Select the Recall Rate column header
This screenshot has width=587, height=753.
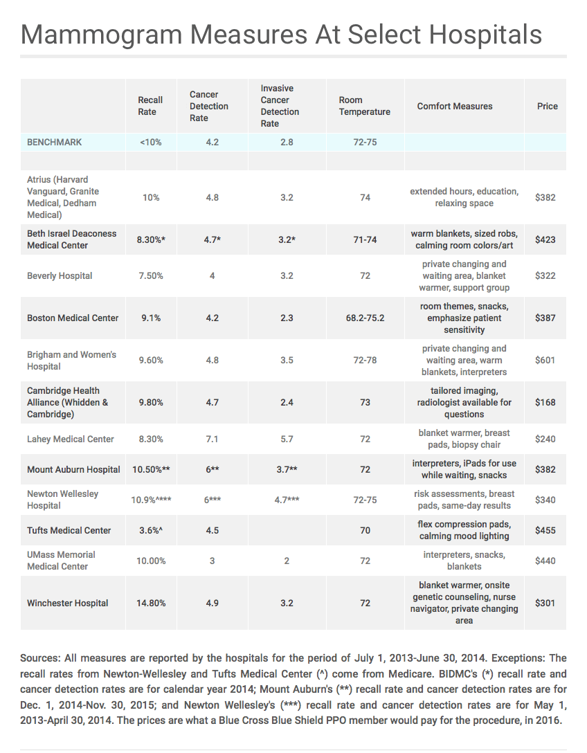pyautogui.click(x=150, y=106)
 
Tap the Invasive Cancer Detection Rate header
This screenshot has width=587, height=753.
pyautogui.click(x=280, y=106)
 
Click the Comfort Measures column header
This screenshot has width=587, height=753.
pyautogui.click(x=454, y=106)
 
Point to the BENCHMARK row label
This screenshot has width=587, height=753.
pyautogui.click(x=54, y=142)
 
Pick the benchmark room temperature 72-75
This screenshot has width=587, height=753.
pyautogui.click(x=365, y=142)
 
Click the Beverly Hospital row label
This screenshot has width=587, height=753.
pyautogui.click(x=60, y=275)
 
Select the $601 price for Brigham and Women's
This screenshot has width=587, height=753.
pyautogui.click(x=545, y=360)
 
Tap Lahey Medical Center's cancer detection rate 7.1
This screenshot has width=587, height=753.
pyautogui.click(x=213, y=439)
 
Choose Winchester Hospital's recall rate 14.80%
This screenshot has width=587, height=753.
pyautogui.click(x=151, y=604)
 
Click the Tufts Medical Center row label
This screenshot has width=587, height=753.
pyautogui.click(x=69, y=530)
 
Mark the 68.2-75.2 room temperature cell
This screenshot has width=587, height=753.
pyautogui.click(x=365, y=318)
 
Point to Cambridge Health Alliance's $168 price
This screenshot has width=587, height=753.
pyautogui.click(x=545, y=402)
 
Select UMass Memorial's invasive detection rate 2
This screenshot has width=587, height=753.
pyautogui.click(x=287, y=561)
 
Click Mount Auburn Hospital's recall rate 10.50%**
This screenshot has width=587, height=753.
pyautogui.click(x=151, y=470)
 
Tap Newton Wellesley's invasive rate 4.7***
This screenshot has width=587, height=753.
pyautogui.click(x=287, y=500)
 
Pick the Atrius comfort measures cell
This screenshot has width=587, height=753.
pyautogui.click(x=464, y=197)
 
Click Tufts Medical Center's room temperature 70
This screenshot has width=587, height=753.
pyautogui.click(x=365, y=530)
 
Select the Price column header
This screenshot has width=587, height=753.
pyautogui.click(x=547, y=106)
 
